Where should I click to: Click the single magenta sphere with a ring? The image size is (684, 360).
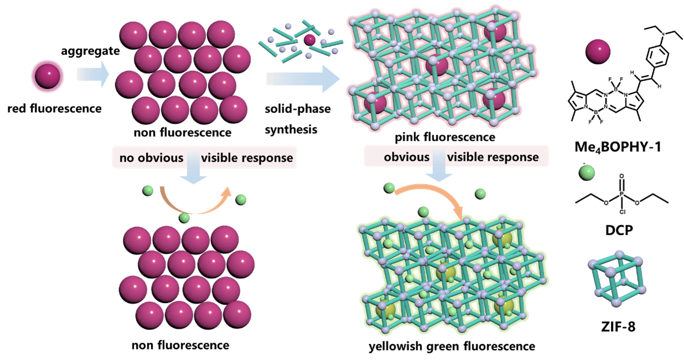pos(48,76)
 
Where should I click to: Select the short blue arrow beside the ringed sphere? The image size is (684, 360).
pos(92,75)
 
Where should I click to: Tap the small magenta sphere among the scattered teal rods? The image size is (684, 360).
pos(310,39)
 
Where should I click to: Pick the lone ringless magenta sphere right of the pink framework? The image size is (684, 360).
pos(598,51)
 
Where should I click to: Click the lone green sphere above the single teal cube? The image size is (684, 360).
pos(587,172)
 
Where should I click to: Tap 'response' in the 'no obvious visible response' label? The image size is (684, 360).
pos(270,158)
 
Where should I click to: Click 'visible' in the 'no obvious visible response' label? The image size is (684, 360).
pos(220,158)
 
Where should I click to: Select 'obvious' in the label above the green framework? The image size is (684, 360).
pos(407,157)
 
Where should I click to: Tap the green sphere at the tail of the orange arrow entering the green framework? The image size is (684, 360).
pos(390,188)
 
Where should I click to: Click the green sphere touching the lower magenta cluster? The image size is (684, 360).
pos(184,218)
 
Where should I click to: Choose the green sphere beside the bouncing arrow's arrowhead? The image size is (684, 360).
pos(241,199)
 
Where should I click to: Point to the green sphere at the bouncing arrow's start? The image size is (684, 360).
pos(148,191)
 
